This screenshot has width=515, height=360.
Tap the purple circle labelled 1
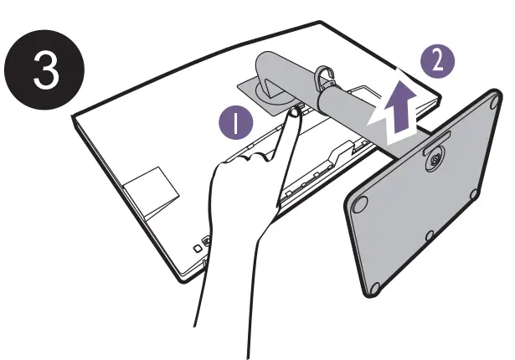(x=240, y=124)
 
